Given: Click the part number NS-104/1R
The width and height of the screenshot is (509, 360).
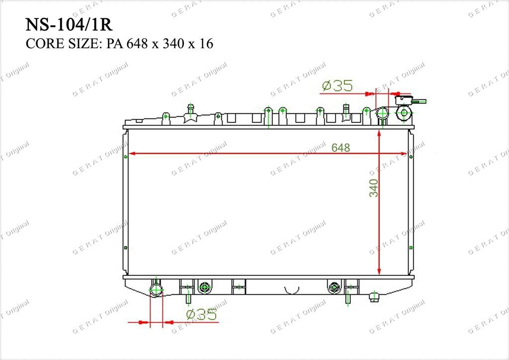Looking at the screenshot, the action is click(x=69, y=25).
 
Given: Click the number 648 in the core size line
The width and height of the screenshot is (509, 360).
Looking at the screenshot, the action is click(x=138, y=43).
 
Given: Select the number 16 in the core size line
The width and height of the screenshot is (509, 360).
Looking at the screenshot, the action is click(x=206, y=43).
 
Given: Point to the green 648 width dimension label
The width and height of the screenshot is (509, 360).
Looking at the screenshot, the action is click(x=340, y=148).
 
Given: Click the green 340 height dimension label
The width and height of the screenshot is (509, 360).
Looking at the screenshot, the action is click(x=374, y=188).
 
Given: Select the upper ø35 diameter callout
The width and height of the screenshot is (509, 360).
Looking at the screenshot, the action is click(x=338, y=86).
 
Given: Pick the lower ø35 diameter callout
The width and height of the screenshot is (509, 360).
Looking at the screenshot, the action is click(x=202, y=314).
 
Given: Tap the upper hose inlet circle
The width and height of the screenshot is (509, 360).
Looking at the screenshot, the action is click(x=382, y=113).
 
